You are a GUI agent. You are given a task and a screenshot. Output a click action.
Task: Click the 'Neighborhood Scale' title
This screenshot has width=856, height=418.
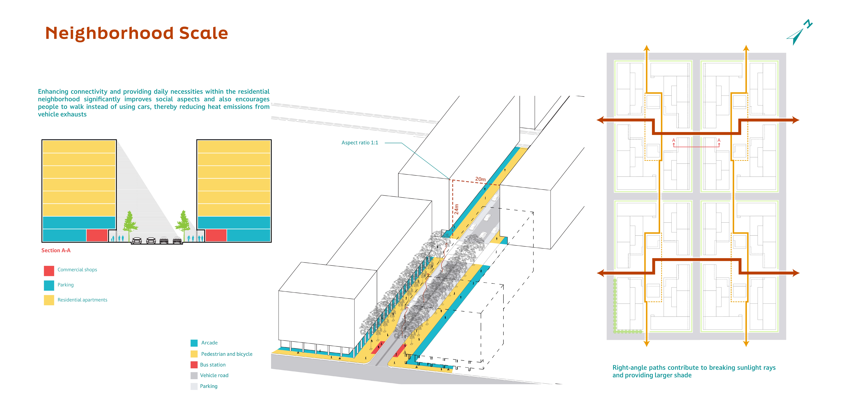[136, 33]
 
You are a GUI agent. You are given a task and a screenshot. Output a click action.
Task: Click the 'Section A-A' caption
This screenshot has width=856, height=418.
[56, 250]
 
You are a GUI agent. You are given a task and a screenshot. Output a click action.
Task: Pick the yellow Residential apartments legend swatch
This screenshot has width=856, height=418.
[49, 300]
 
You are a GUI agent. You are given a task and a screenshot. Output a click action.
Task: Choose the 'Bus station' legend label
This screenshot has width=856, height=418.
[213, 365]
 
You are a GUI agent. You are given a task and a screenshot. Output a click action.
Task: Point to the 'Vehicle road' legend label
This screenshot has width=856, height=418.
[214, 375]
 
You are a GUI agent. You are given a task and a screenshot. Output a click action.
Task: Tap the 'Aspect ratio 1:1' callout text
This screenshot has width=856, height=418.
[360, 143]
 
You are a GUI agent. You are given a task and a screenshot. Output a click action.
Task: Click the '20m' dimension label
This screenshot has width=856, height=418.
[480, 179]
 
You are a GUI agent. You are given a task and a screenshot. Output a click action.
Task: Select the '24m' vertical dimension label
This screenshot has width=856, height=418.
[457, 209]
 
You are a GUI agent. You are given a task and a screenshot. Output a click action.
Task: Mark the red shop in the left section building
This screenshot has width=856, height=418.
[97, 235]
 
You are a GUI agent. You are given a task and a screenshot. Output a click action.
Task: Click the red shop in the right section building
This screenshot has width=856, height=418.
[216, 235]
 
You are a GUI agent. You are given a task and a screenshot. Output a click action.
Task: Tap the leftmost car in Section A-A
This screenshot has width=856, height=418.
[137, 240]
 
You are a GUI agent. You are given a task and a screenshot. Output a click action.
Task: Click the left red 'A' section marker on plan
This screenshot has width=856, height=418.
[674, 140]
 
